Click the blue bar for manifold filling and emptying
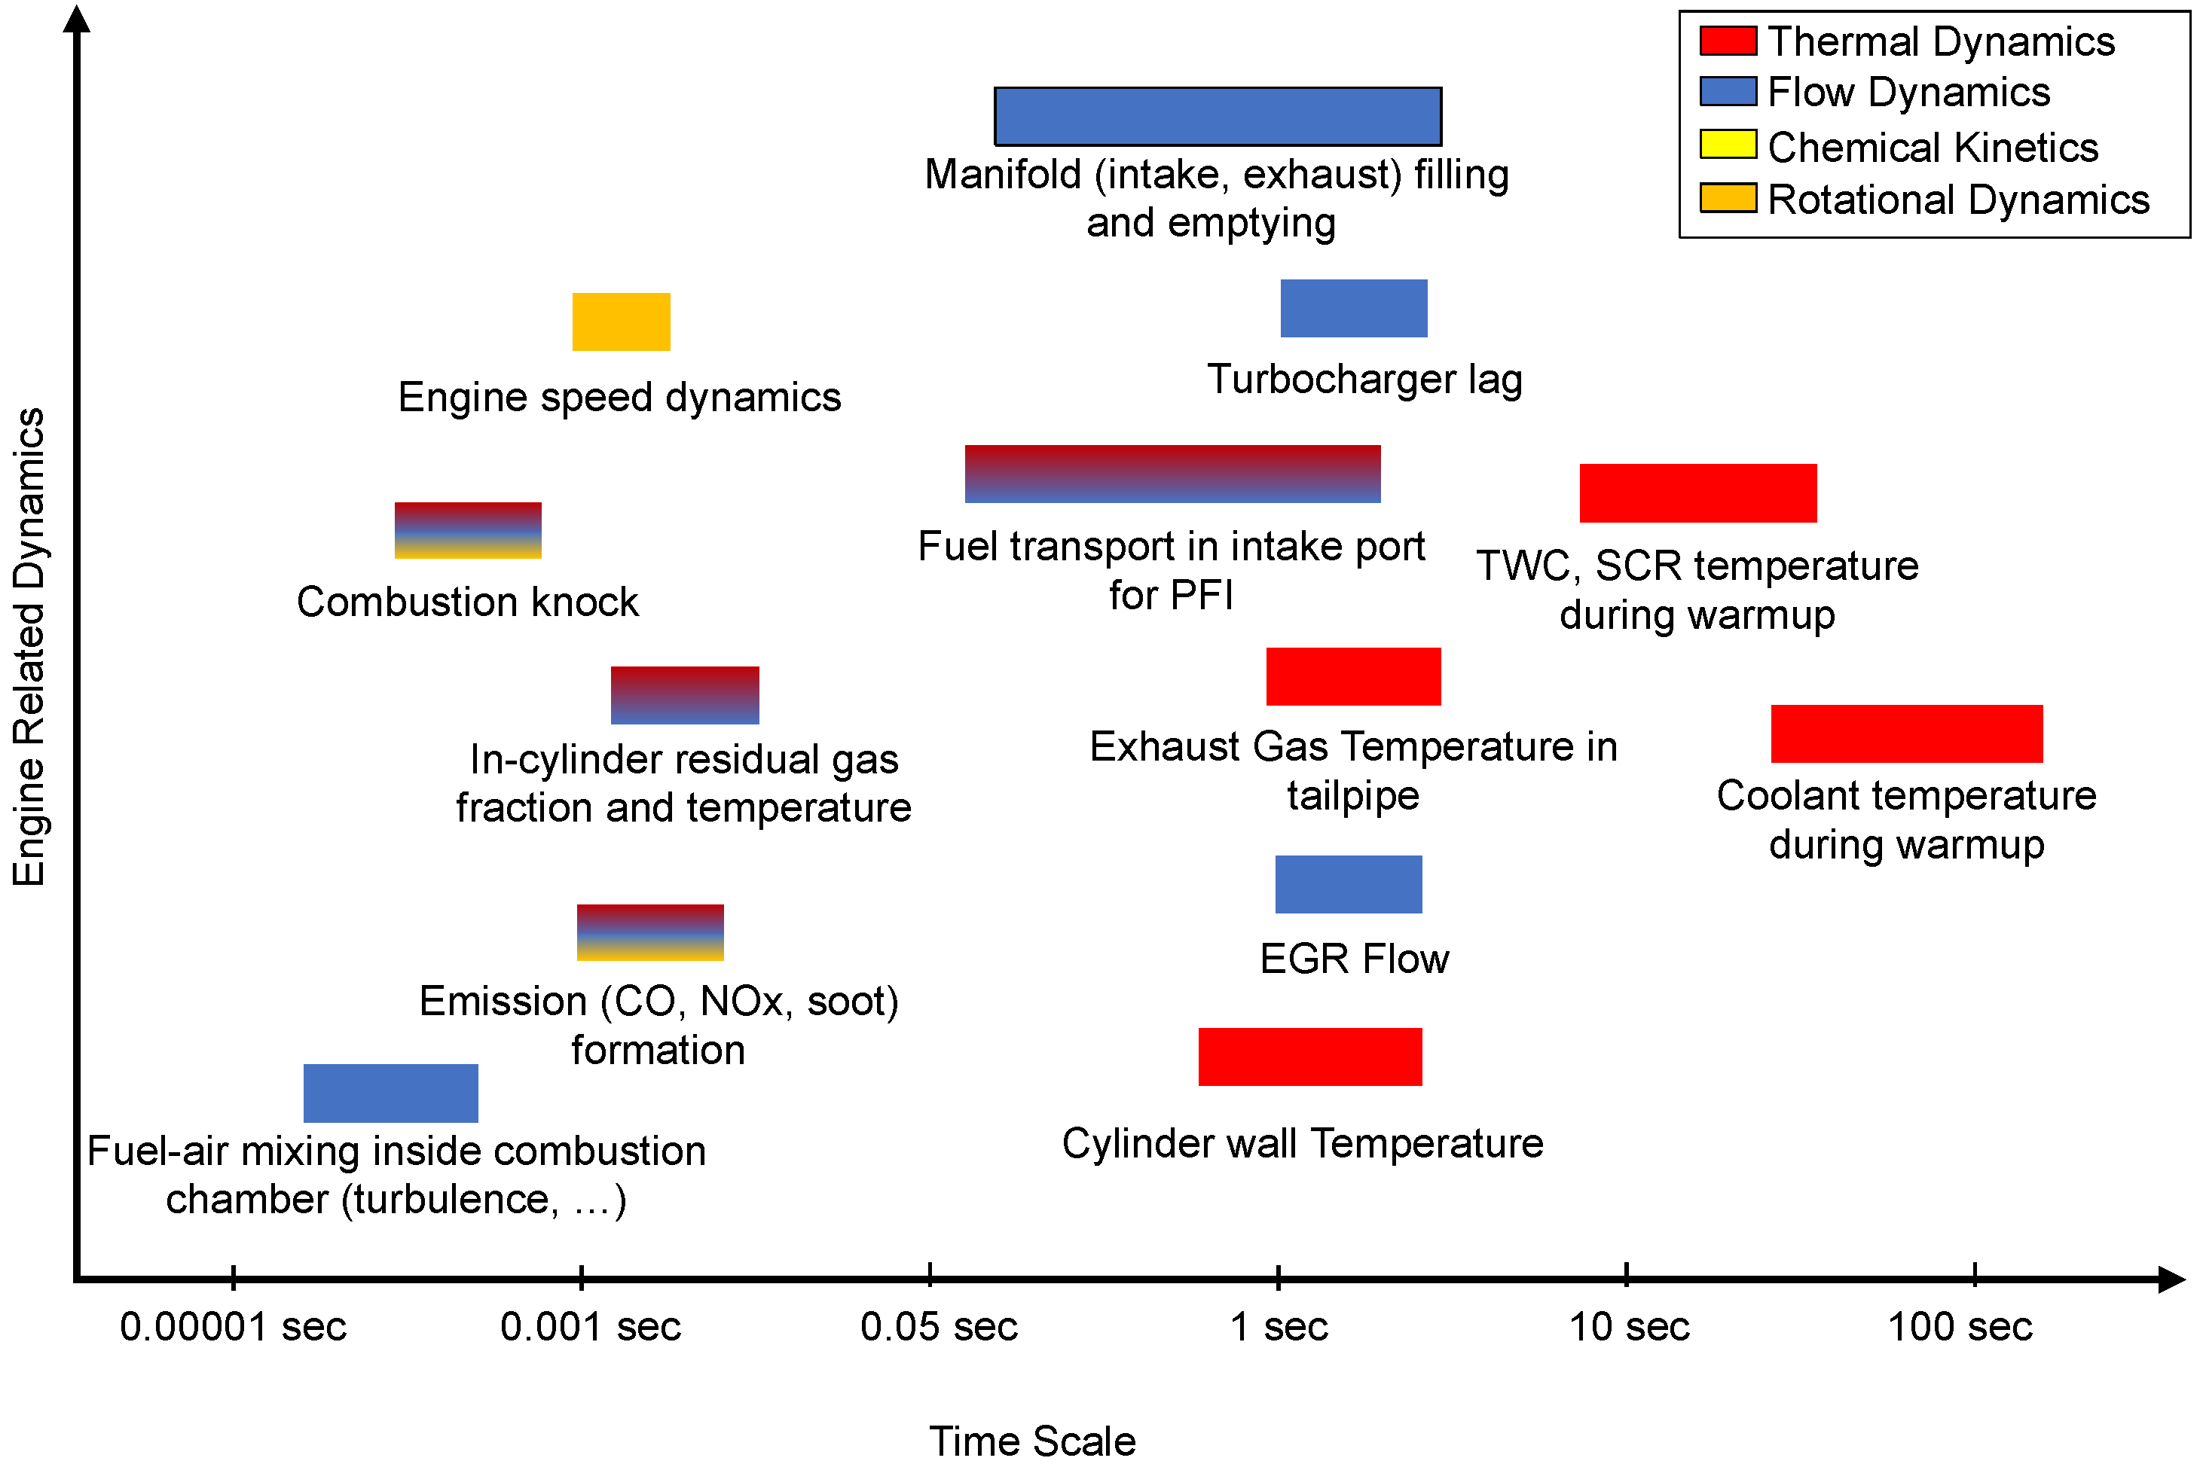pyautogui.click(x=1217, y=117)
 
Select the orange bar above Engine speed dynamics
pyautogui.click(x=621, y=322)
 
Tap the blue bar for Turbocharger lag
pyautogui.click(x=1353, y=308)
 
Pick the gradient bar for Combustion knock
pyautogui.click(x=468, y=530)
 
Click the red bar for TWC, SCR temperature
pyautogui.click(x=1697, y=493)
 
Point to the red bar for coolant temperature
pyautogui.click(x=1905, y=733)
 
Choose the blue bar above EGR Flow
pyautogui.click(x=1348, y=884)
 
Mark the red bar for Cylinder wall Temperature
pyautogui.click(x=1309, y=1057)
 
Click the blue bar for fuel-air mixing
pyautogui.click(x=390, y=1093)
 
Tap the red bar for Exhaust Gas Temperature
pyautogui.click(x=1352, y=676)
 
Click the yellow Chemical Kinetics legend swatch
pyautogui.click(x=1727, y=145)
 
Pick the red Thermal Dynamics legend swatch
pyautogui.click(x=1727, y=41)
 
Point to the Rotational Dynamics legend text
pyautogui.click(x=1958, y=200)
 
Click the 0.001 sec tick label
pyautogui.click(x=591, y=1327)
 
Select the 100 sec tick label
pyautogui.click(x=1960, y=1327)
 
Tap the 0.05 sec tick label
pyautogui.click(x=939, y=1327)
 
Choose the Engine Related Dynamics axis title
pyautogui.click(x=28, y=646)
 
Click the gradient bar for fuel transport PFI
pyautogui.click(x=1172, y=474)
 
